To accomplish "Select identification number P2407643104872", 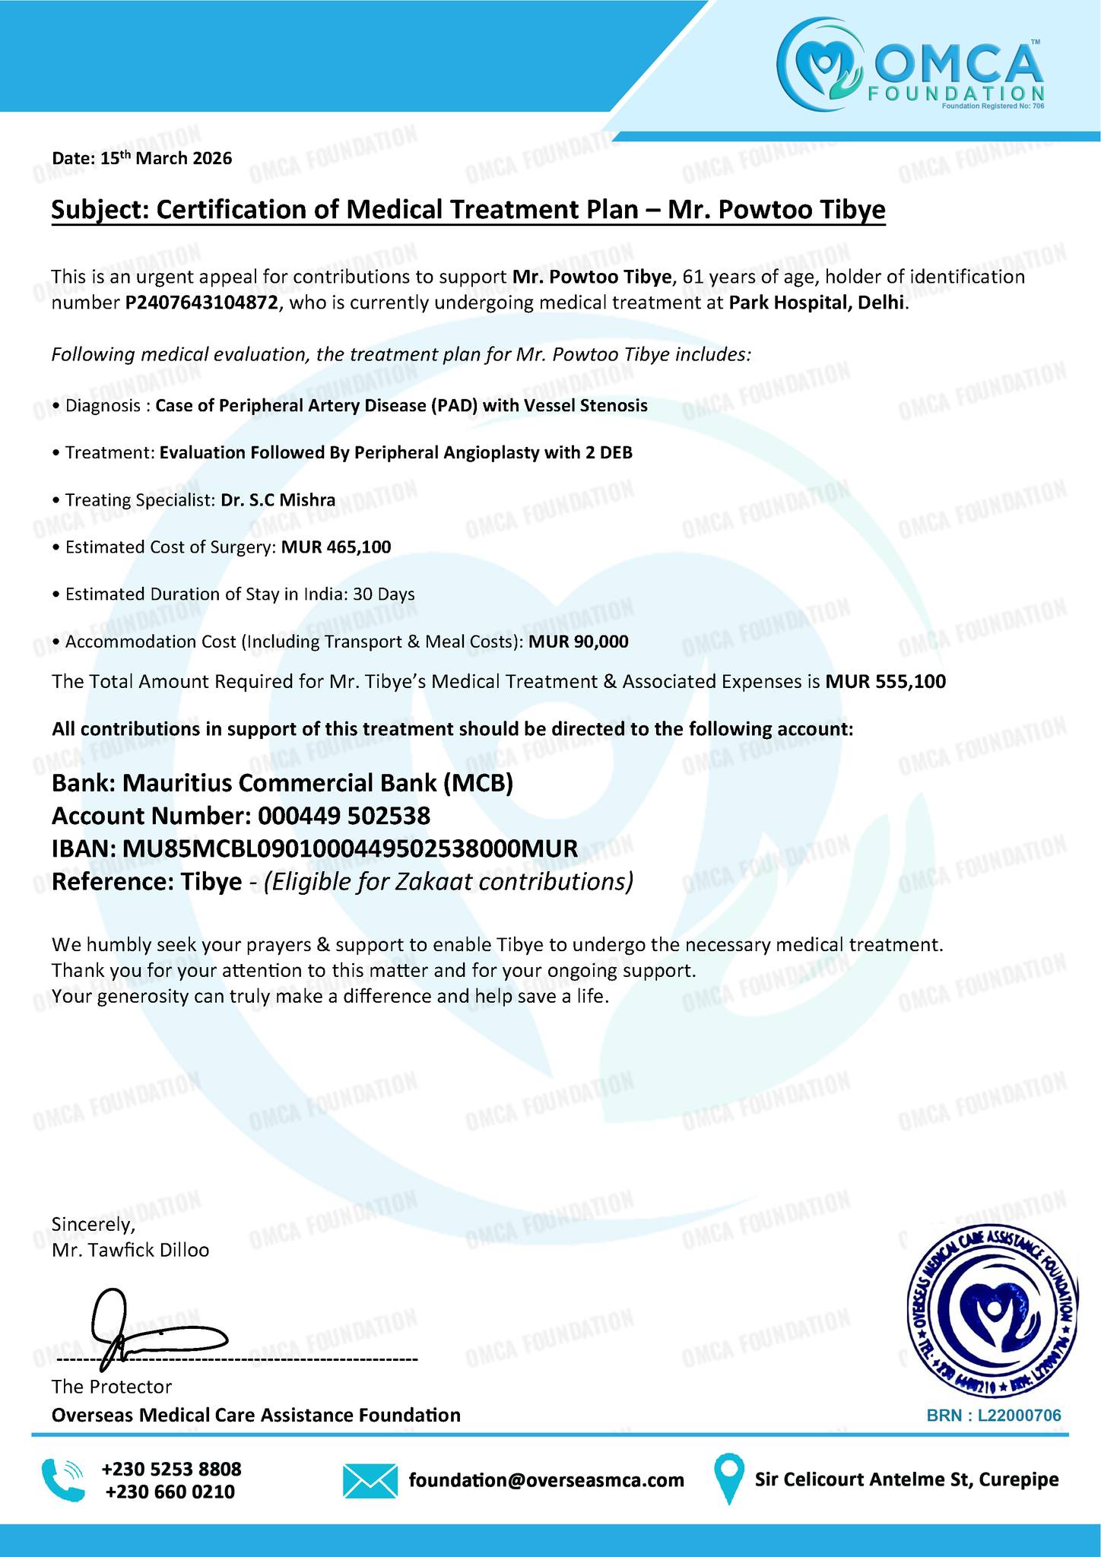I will pos(201,303).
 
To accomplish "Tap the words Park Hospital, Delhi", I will pos(818,303).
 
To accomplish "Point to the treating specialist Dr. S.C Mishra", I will pos(278,500).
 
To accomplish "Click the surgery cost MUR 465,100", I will pos(336,547).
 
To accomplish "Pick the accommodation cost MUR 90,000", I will pos(579,642).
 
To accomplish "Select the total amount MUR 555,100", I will pos(886,682).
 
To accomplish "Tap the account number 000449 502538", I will pos(344,817).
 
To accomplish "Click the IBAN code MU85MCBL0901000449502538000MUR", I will pos(346,849).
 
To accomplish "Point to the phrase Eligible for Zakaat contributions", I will pos(449,883).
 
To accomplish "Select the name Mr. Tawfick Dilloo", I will pos(130,1250).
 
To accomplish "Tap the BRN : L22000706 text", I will pos(993,1416).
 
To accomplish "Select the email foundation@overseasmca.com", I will pos(546,1480).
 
